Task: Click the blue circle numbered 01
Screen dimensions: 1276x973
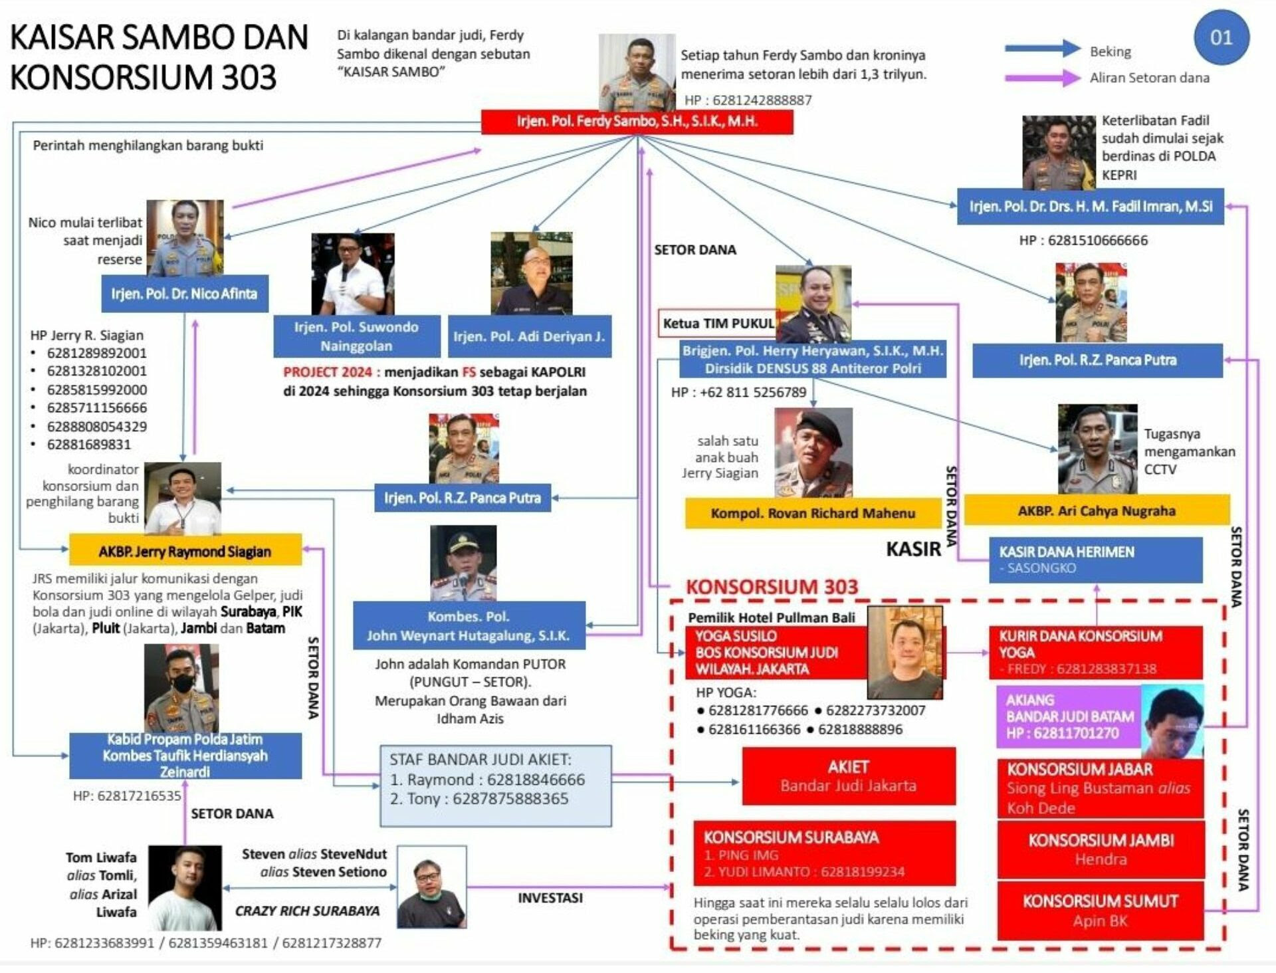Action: [x=1222, y=37]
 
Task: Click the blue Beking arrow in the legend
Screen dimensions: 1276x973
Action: [x=1043, y=49]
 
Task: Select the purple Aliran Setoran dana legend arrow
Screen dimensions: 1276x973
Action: [x=1043, y=78]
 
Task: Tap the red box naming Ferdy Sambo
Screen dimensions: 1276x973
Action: [x=637, y=122]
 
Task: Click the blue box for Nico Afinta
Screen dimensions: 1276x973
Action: [x=185, y=294]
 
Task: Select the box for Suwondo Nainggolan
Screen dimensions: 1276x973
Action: [x=357, y=336]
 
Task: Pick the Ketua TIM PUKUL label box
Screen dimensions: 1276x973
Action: [x=718, y=324]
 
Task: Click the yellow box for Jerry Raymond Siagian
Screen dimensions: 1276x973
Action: [x=185, y=550]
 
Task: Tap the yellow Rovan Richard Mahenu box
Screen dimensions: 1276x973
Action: [x=813, y=513]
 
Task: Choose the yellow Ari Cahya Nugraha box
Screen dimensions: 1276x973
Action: [x=1097, y=510]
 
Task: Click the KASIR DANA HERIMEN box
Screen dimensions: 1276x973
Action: [x=1096, y=560]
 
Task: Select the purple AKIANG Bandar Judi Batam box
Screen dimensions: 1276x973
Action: [x=1069, y=716]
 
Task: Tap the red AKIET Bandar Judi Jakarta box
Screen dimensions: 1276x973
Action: [x=849, y=776]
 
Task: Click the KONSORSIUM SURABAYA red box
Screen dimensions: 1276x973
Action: [x=825, y=853]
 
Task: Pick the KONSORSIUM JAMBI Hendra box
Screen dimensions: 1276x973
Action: [x=1101, y=849]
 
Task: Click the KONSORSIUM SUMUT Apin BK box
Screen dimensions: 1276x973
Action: [x=1101, y=911]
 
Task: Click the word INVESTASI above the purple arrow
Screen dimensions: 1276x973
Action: [x=550, y=898]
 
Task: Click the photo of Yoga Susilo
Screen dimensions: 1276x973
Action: [x=905, y=652]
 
